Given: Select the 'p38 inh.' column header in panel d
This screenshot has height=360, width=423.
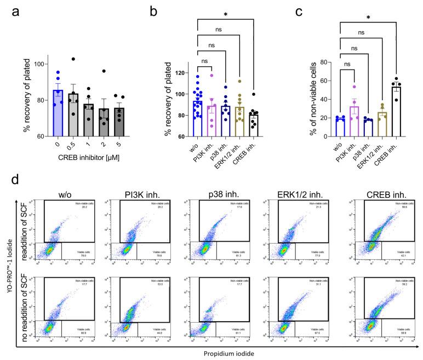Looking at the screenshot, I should click(x=221, y=193).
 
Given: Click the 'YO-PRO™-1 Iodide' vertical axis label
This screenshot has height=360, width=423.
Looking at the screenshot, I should click(x=7, y=268).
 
